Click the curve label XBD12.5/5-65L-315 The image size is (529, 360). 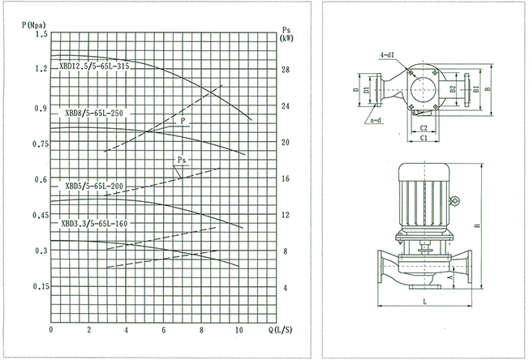tap(94, 66)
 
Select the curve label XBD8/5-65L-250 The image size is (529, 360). tap(94, 114)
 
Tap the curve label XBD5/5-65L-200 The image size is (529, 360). tap(94, 186)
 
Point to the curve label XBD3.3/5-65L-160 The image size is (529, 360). tap(94, 223)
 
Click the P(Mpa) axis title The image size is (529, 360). tap(33, 25)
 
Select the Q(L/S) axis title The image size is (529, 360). tap(280, 330)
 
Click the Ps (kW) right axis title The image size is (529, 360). tap(286, 34)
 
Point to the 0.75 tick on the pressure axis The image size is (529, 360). tap(41, 144)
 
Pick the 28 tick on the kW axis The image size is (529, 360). tap(286, 70)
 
